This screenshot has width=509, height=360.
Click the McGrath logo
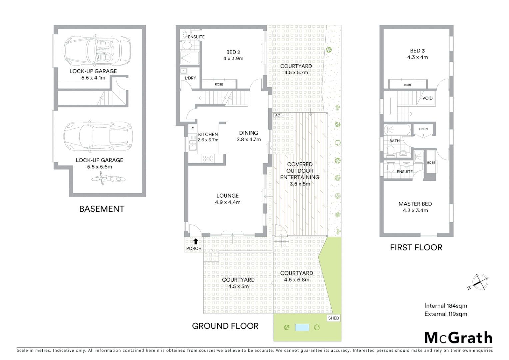tap(458, 338)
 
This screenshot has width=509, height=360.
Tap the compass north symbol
tap(480, 282)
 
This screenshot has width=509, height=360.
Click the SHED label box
tap(333, 318)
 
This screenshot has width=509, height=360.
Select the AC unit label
tap(277, 115)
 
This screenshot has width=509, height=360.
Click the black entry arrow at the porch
tap(196, 242)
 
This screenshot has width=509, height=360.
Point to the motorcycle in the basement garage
tap(108, 179)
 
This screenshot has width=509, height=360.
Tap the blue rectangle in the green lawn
tap(302, 327)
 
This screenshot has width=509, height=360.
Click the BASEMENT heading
tap(102, 209)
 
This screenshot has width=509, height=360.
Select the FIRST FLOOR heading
tap(416, 247)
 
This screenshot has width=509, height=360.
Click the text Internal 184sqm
tap(445, 306)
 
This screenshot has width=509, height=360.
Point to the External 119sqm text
tap(445, 314)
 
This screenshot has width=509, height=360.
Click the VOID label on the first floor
tap(427, 98)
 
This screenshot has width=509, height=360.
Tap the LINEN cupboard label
tap(423, 129)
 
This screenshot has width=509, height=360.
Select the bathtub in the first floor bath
tap(397, 130)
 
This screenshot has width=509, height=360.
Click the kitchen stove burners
tap(208, 159)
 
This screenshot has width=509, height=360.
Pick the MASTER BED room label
tap(415, 204)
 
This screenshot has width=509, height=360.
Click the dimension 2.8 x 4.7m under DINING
tap(249, 140)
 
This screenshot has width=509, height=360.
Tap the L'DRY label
tap(190, 78)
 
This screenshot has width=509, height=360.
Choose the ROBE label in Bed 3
tap(408, 85)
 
